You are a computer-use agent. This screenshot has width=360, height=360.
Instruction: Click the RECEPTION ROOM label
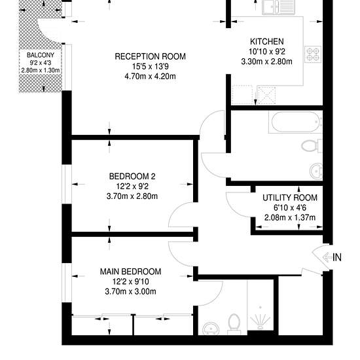[x=150, y=56]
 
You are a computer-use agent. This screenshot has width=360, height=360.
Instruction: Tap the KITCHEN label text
[x=267, y=41]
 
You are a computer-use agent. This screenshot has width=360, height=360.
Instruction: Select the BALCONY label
[x=41, y=55]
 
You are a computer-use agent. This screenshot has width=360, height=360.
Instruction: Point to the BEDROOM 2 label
[x=132, y=176]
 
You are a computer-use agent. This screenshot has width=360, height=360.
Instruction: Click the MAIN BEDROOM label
[x=130, y=272]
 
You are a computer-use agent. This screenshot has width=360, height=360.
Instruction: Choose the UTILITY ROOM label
[x=290, y=198]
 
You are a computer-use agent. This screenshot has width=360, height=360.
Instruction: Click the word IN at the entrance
[x=337, y=257]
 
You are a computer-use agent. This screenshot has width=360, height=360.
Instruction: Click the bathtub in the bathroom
[x=296, y=122]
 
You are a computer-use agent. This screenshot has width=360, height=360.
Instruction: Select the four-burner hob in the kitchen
[x=313, y=54]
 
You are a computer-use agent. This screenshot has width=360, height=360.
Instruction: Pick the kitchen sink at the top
[x=278, y=7]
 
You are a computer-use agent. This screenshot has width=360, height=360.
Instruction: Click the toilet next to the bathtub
[x=312, y=146]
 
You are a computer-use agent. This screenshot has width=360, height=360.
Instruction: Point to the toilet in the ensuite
[x=234, y=324]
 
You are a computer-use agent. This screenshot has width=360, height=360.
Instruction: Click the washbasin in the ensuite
[x=211, y=328]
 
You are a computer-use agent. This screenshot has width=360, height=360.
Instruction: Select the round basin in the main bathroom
[x=316, y=171]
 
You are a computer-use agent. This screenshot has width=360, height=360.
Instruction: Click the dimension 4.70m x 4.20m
[x=150, y=76]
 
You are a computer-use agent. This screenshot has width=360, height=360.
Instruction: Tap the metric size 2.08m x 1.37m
[x=290, y=217]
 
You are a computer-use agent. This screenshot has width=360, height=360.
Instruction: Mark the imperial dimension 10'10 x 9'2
[x=267, y=52]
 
